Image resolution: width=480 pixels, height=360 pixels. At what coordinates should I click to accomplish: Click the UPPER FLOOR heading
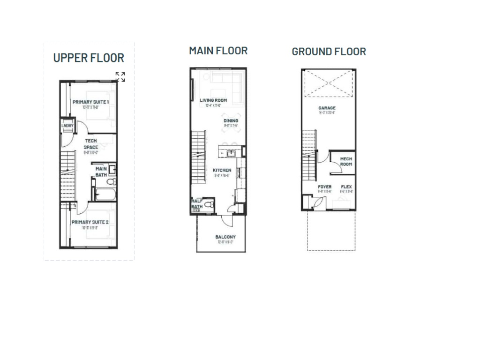pos(89,58)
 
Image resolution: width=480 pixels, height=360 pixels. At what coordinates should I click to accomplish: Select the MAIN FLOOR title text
pos(218,51)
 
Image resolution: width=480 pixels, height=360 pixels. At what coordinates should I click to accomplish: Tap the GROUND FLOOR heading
pos(329,52)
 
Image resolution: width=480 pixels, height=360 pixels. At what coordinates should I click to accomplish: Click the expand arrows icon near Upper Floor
pos(120,77)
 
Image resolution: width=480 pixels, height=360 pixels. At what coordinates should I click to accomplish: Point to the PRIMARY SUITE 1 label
pos(91,102)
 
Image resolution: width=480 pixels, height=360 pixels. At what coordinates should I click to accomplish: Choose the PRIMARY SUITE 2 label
pos(90,222)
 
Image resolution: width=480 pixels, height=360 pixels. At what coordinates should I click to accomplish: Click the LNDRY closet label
pos(67,126)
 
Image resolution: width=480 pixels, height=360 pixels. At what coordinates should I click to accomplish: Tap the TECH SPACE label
pos(91,144)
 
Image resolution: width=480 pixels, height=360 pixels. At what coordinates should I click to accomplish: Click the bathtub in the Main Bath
pos(102,195)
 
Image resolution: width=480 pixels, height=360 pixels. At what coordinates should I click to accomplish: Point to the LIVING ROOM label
pos(213,100)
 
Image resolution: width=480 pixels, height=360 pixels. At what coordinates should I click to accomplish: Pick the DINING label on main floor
pos(231,121)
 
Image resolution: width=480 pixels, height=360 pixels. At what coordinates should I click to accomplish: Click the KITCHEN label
pos(222,170)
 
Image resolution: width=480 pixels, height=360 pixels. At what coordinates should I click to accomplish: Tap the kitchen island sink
pos(231,153)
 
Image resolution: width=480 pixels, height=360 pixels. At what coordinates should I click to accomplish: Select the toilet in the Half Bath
pos(210,204)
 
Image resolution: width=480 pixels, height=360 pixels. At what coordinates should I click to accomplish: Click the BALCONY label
pos(225,237)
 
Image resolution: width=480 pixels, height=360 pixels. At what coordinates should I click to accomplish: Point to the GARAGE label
pos(327,108)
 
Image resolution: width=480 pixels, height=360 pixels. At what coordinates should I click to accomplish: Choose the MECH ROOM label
pos(346,162)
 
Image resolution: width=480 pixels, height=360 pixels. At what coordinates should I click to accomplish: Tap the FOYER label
pos(324,187)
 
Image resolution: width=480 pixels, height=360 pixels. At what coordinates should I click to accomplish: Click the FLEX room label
pos(346,187)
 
